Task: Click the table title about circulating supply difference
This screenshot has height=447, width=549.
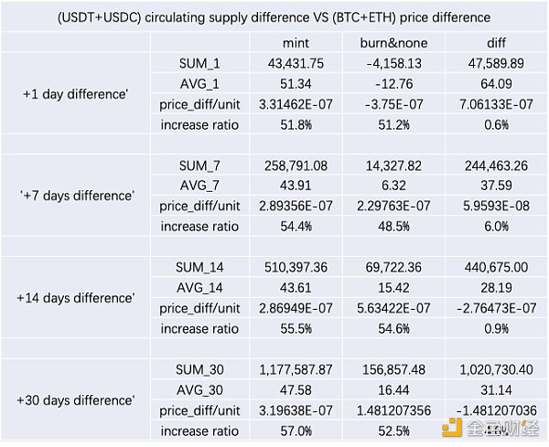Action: (274, 17)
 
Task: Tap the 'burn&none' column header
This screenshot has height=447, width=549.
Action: (393, 43)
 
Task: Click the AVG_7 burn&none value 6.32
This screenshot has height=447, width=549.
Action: (393, 185)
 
